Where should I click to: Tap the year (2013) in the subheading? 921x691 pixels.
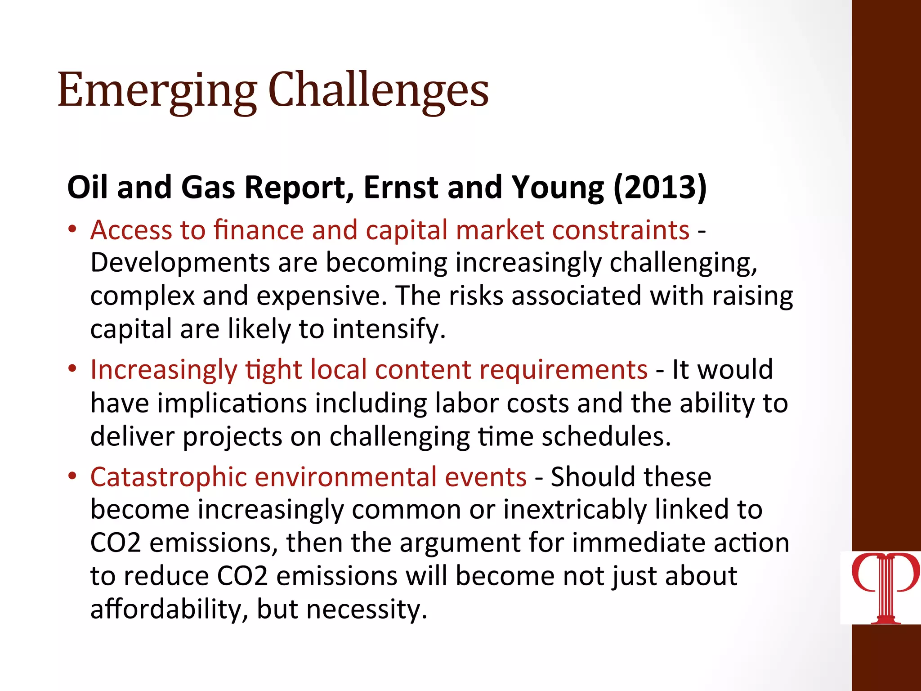tap(660, 187)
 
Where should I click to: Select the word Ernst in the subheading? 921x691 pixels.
tap(401, 187)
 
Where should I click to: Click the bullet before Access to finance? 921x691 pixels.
tap(72, 230)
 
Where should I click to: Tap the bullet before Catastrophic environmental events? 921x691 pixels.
tap(72, 477)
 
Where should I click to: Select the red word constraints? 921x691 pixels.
tap(621, 230)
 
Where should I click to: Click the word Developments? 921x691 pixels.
tap(179, 263)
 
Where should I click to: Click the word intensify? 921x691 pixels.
tap(389, 329)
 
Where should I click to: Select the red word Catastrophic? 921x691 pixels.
tap(169, 477)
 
